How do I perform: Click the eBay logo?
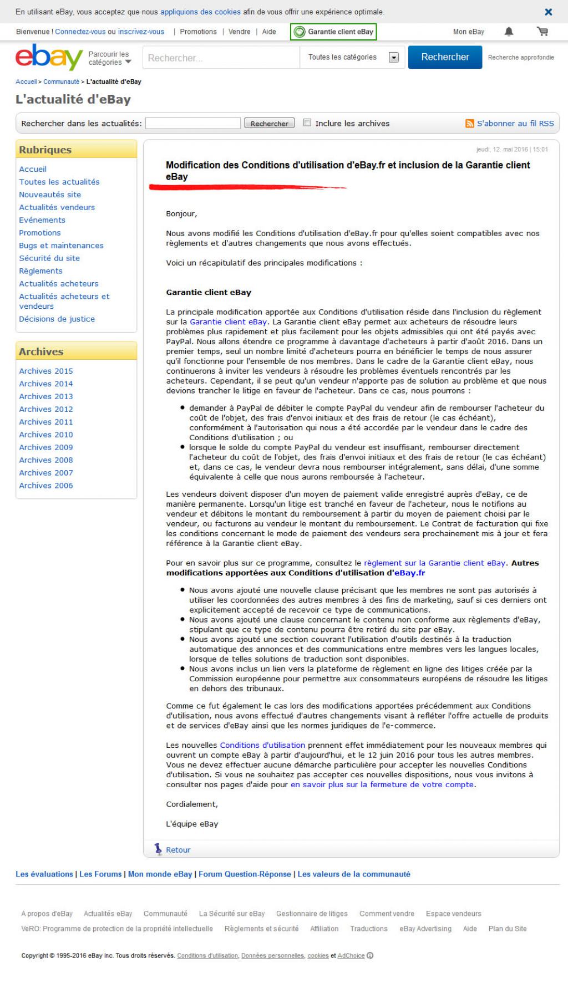pos(49,57)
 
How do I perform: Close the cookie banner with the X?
pos(548,12)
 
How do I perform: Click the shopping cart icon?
pos(542,32)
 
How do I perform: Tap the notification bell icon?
pos(509,32)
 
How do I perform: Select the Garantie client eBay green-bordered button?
pos(333,32)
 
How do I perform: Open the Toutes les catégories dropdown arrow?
pos(394,57)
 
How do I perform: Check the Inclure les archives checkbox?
pos(307,123)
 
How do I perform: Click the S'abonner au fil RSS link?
pos(515,124)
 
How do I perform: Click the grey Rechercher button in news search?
pos(269,124)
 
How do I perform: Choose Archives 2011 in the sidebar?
pos(46,422)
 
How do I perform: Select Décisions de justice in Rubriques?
pos(57,319)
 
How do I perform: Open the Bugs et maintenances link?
pos(61,246)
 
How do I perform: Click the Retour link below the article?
pos(177,850)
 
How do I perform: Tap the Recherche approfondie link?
pos(521,57)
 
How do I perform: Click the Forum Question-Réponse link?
pos(245,874)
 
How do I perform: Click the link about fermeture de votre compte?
pos(382,784)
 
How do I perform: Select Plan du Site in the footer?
pos(508,929)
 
